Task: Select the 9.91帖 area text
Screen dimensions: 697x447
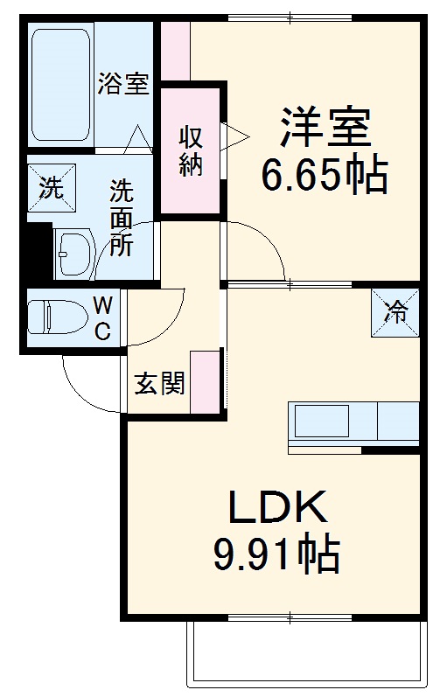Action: tap(276, 554)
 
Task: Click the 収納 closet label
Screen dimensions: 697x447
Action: tap(192, 150)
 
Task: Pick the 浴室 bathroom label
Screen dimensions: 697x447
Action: tap(123, 85)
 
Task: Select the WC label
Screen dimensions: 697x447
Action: tap(102, 317)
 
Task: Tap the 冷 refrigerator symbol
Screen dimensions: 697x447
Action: tap(396, 312)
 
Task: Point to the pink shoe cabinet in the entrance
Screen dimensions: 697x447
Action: tap(205, 380)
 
